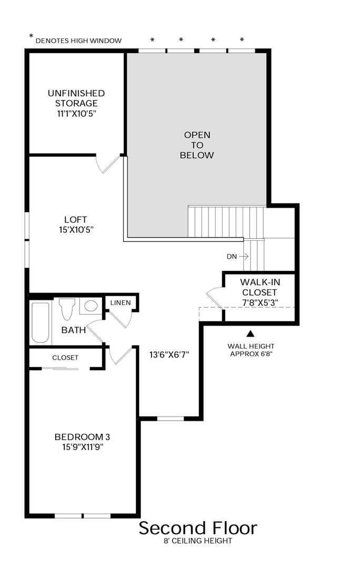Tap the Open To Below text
(197, 145)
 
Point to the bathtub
(41, 322)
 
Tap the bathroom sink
(91, 306)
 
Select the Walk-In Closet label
(259, 292)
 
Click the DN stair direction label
(232, 257)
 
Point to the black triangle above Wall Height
(251, 333)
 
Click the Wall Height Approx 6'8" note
(251, 350)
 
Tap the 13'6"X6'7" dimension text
(169, 354)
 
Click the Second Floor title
(198, 528)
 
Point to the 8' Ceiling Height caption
(198, 541)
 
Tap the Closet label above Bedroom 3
(65, 358)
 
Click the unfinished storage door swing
(108, 165)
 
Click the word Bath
(73, 330)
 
